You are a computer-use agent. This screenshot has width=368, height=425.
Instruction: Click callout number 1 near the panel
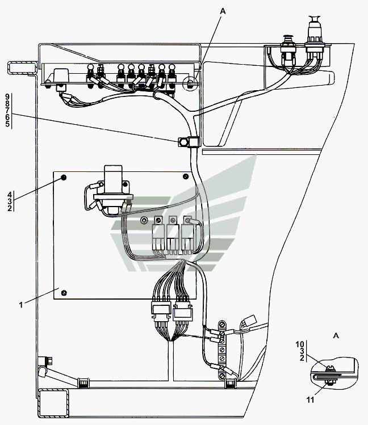click(21, 305)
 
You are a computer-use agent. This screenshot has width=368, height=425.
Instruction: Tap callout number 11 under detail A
click(310, 400)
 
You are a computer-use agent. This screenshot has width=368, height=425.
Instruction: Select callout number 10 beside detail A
click(300, 344)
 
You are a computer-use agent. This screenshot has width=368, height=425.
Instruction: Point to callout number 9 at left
click(7, 97)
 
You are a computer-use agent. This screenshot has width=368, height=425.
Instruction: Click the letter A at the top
click(223, 11)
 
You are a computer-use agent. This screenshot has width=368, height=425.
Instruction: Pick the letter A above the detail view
click(336, 335)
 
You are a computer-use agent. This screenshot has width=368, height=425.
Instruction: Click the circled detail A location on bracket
click(191, 83)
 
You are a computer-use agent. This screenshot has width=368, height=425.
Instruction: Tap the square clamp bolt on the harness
click(183, 142)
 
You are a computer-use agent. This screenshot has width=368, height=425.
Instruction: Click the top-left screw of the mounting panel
click(64, 178)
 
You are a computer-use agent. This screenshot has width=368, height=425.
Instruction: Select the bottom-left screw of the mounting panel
click(64, 293)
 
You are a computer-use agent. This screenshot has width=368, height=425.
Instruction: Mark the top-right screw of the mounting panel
click(186, 176)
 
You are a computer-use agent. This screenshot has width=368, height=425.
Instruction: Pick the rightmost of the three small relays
click(187, 235)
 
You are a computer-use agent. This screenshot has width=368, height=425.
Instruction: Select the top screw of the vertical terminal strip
click(222, 324)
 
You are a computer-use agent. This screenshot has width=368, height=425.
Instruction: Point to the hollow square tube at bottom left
click(53, 403)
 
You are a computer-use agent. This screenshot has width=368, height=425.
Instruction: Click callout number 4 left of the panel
click(10, 194)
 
